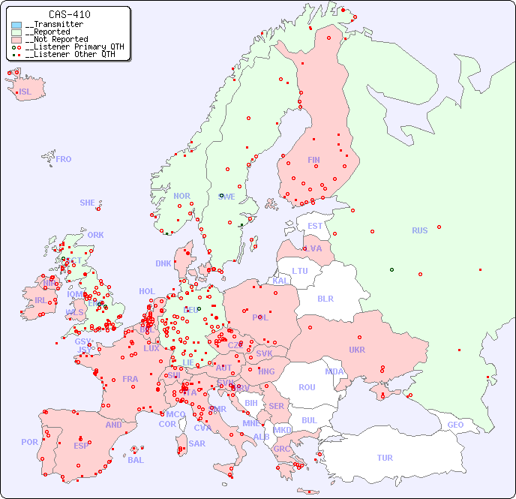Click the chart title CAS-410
69,14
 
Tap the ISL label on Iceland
25,92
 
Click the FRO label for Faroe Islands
64,159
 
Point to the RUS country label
419,230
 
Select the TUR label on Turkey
385,458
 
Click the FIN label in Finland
313,160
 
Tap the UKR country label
357,350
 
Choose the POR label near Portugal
29,442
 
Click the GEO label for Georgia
455,425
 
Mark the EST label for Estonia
315,226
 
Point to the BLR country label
325,298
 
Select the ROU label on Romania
307,387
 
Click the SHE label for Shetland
88,203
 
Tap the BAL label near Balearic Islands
136,460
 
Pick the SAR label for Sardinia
197,443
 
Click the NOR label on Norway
182,196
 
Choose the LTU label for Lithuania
300,271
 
